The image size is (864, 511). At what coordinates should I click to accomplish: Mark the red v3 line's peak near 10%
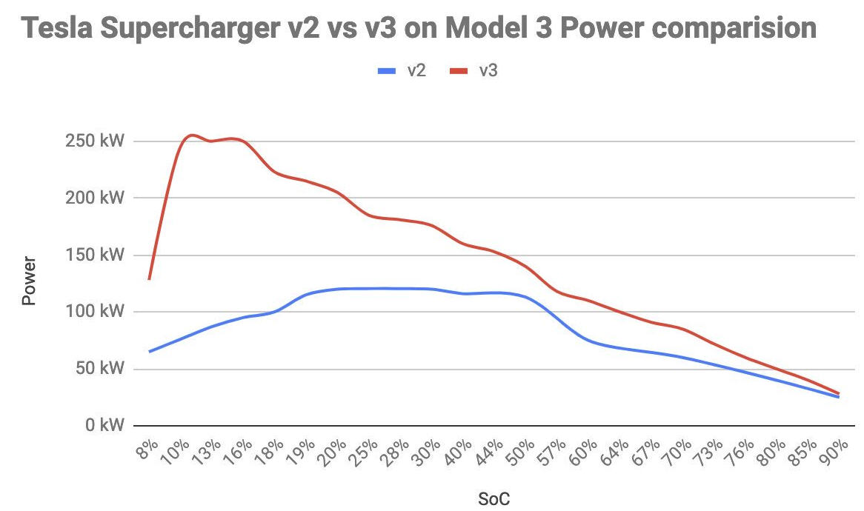click(x=191, y=135)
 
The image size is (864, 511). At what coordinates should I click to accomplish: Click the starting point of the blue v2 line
click(x=150, y=351)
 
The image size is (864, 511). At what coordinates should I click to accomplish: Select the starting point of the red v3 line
click(x=150, y=278)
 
